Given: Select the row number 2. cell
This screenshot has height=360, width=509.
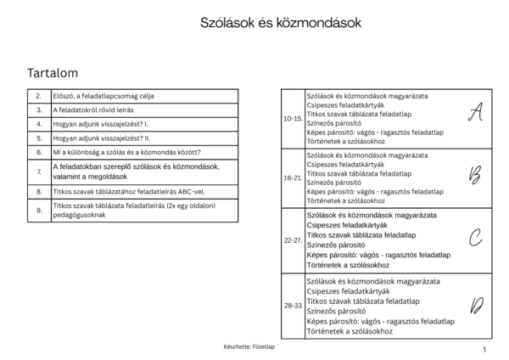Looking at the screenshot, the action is point(39,97).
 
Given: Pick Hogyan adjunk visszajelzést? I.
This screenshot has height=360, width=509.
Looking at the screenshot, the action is point(100,124).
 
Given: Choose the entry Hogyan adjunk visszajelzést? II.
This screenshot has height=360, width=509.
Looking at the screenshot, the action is point(101,138).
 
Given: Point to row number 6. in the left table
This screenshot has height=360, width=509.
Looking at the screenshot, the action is point(39,152).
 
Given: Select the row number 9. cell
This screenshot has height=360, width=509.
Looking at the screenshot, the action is point(39,209).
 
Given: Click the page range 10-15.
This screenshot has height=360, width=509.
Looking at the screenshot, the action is point(293,119).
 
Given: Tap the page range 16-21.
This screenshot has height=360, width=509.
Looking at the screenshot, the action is point(293,178).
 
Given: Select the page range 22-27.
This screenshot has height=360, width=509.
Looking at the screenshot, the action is point(293,240).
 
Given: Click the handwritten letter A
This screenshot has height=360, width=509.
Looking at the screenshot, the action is point(476,111).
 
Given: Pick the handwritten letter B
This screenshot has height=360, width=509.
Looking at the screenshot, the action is point(475,176).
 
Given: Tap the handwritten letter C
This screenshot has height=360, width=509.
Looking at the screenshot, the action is point(476,239).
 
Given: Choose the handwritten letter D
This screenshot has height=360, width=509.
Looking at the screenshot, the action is point(477,305).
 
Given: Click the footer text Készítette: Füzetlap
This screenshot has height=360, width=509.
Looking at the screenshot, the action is point(249,346).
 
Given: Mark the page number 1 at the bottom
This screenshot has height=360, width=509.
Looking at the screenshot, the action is point(484,349).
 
